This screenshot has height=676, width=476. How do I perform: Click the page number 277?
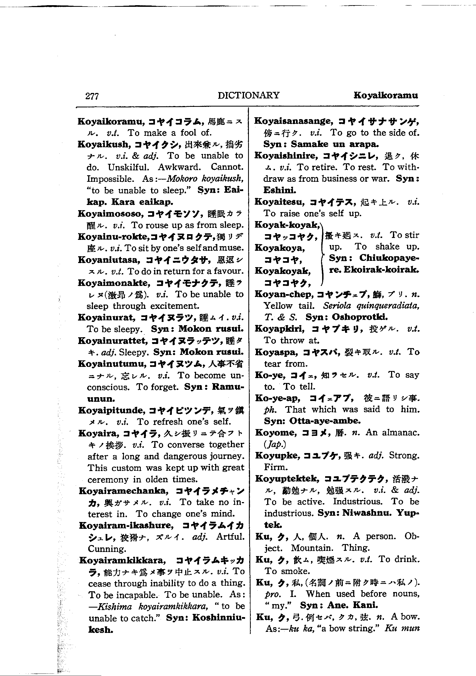pyautogui.click(x=92, y=96)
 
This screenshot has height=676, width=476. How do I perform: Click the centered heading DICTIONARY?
pyautogui.click(x=249, y=95)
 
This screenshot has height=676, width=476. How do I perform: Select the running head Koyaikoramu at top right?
pyautogui.click(x=385, y=95)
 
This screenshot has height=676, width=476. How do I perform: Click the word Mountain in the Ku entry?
pyautogui.click(x=312, y=548)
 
